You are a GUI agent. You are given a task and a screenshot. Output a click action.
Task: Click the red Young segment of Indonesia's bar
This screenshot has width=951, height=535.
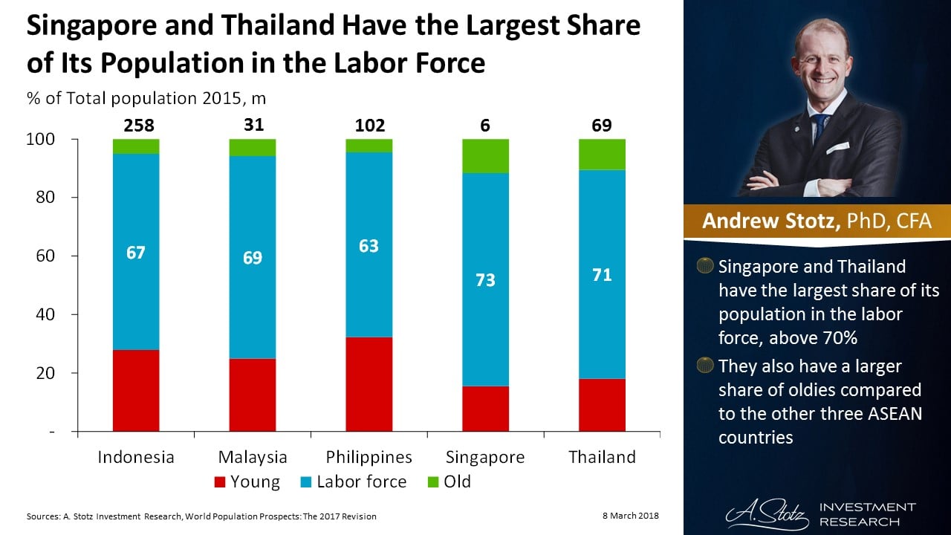(x=136, y=390)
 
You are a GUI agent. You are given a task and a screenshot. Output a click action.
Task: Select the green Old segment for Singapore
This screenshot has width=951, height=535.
(x=486, y=156)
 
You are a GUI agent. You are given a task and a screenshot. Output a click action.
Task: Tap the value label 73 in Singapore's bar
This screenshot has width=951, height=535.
(x=486, y=280)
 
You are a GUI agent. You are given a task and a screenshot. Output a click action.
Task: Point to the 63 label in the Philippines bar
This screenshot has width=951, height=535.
(x=369, y=246)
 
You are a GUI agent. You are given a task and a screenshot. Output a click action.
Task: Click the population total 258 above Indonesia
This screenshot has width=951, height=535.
(x=137, y=126)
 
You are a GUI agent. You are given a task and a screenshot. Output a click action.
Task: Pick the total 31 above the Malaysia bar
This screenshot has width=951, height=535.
(x=253, y=125)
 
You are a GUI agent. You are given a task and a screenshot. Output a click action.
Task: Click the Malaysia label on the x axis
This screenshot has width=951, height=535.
(x=253, y=457)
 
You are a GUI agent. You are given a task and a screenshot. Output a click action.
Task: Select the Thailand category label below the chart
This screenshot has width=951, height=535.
(x=602, y=457)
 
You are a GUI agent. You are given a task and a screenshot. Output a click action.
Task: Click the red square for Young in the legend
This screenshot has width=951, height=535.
(x=218, y=482)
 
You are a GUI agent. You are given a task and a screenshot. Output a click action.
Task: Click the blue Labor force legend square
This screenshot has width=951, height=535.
(x=305, y=482)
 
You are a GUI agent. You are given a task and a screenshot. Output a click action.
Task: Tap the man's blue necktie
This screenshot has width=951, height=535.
(x=820, y=127)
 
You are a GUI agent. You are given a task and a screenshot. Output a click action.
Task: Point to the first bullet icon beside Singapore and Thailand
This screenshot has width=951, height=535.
(x=705, y=266)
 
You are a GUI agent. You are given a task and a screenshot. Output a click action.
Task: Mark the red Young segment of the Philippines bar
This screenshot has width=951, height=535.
(x=369, y=384)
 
